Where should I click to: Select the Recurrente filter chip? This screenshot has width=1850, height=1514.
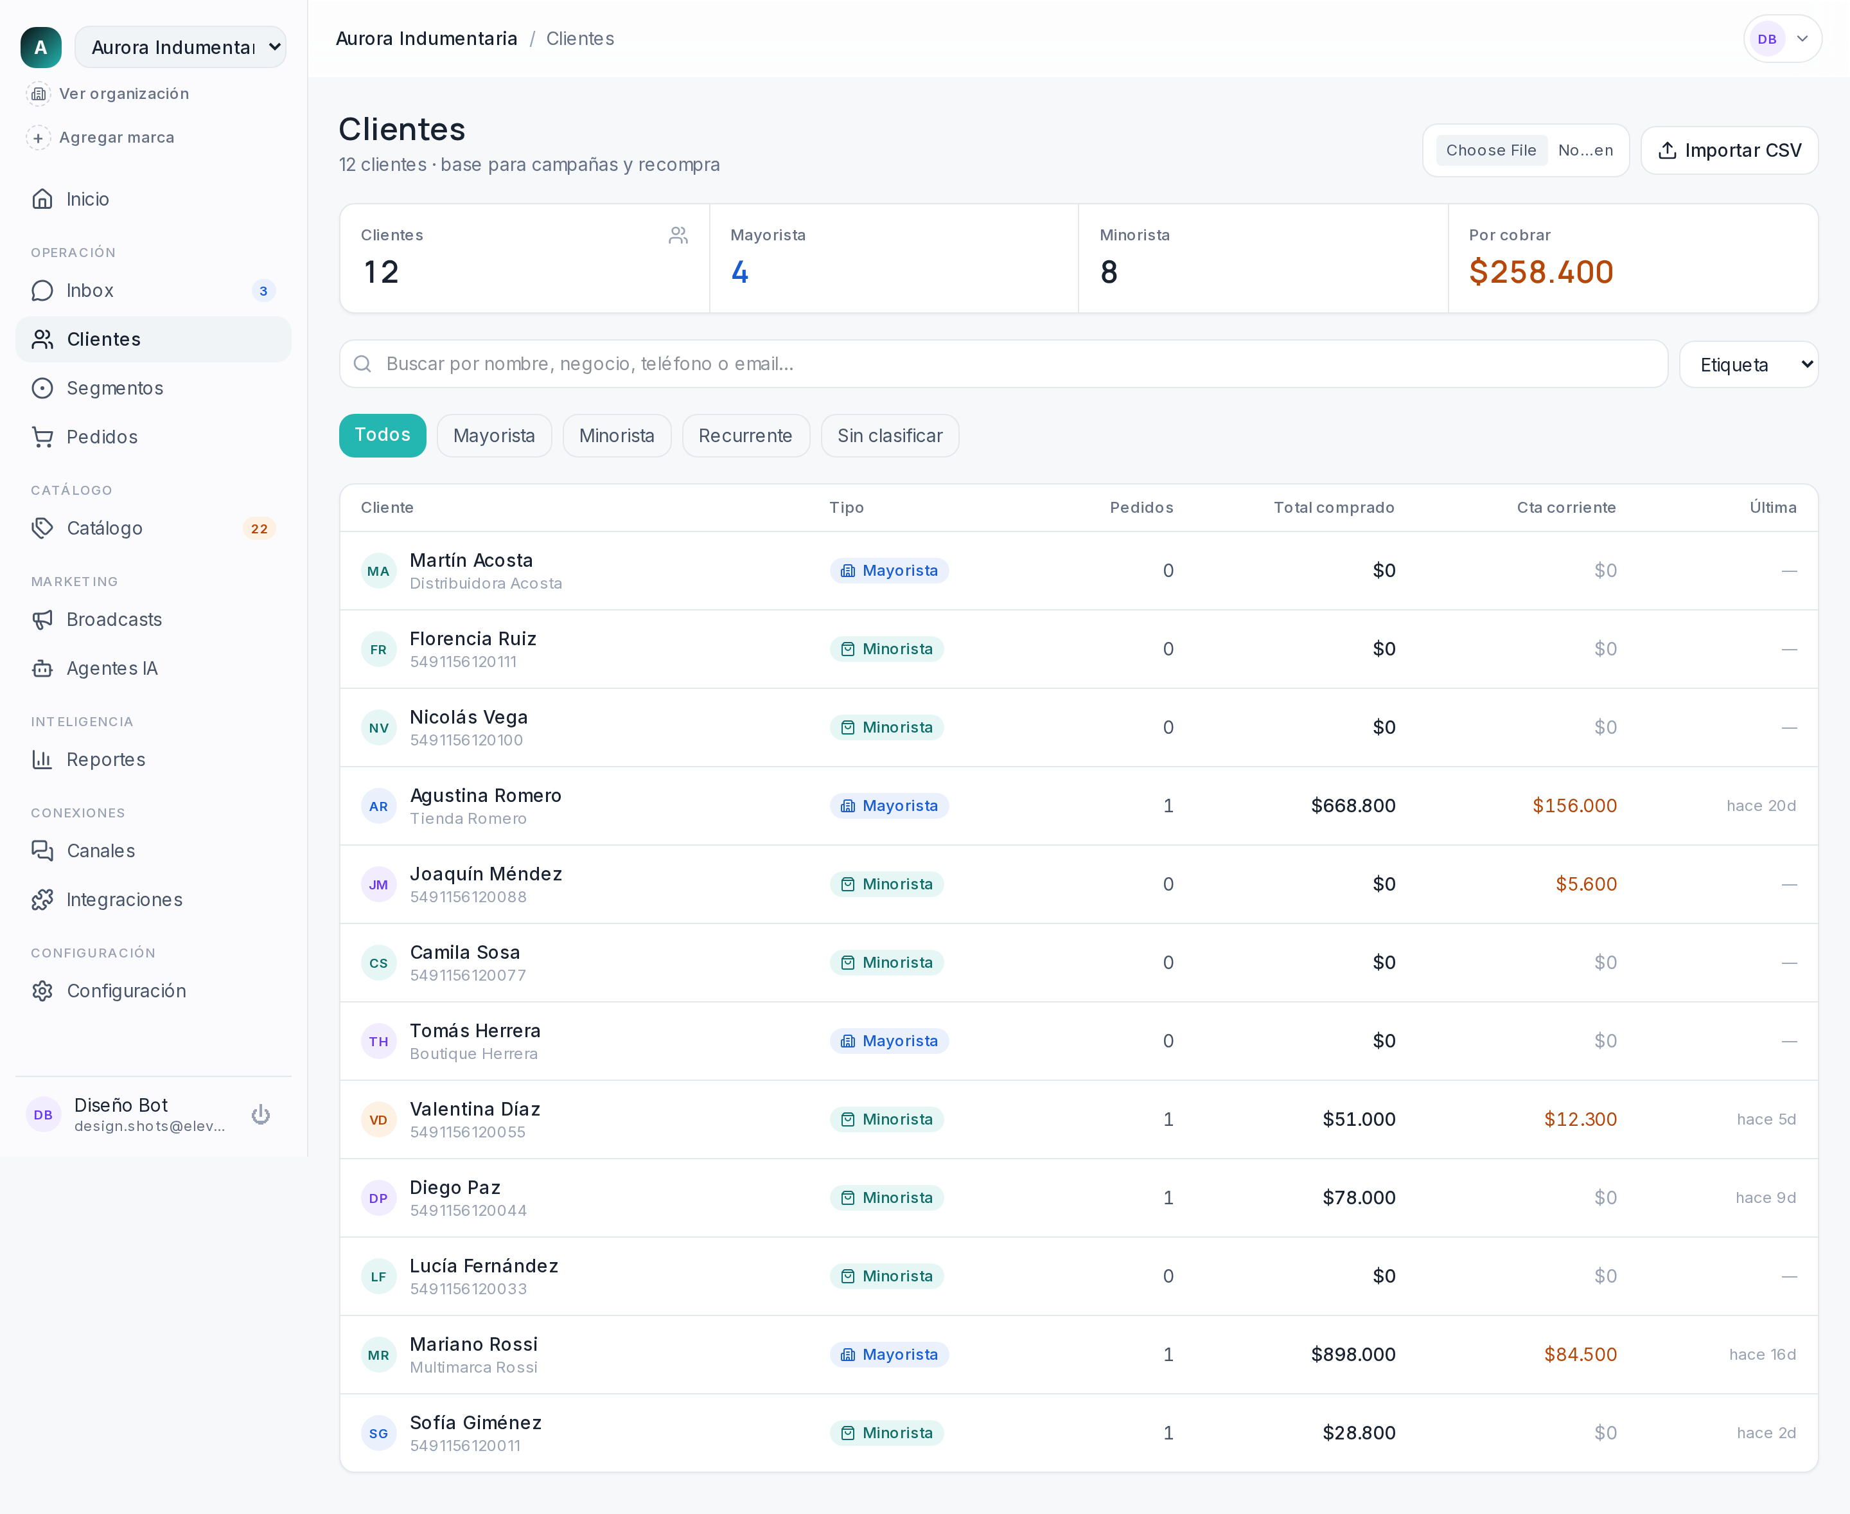click(x=745, y=435)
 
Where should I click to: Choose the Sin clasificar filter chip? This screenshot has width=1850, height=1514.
click(x=889, y=435)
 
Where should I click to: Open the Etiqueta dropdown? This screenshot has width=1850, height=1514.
click(x=1749, y=364)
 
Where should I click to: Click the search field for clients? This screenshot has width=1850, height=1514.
click(x=1003, y=364)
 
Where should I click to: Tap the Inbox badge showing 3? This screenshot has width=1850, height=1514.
click(x=263, y=290)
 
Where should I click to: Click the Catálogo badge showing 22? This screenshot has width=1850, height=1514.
click(x=259, y=528)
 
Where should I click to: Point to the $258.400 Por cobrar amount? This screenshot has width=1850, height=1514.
click(x=1540, y=272)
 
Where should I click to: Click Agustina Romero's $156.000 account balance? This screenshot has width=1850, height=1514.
click(x=1574, y=806)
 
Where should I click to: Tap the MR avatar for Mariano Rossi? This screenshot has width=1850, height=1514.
click(x=378, y=1355)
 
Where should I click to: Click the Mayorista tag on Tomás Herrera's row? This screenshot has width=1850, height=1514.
click(x=889, y=1041)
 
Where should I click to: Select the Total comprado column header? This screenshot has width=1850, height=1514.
click(x=1334, y=508)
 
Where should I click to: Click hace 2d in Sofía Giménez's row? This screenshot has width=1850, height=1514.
click(x=1766, y=1433)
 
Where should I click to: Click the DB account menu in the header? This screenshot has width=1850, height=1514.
click(x=1782, y=39)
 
